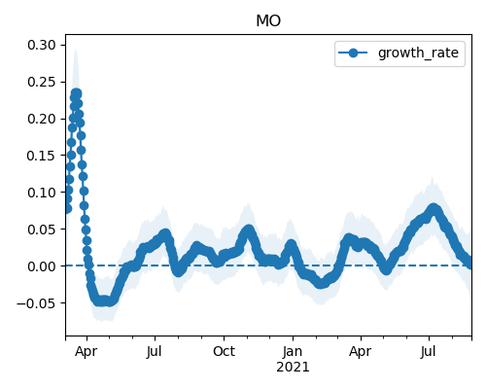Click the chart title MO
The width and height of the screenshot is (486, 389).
268,21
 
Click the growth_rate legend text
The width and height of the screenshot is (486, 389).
418,53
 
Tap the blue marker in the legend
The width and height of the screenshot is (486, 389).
353,53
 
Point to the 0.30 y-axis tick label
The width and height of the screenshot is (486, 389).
42,45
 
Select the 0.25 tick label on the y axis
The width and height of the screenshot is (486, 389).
42,82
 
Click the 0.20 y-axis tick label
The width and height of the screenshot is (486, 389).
42,119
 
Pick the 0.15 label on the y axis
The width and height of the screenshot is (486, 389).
42,156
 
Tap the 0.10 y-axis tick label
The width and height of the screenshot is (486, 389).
42,193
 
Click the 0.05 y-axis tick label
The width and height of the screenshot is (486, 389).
42,230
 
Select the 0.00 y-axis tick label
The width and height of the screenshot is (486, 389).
42,266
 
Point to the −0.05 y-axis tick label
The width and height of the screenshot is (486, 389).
36,303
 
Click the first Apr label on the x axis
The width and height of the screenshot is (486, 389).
87,352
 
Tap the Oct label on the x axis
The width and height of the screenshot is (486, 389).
224,351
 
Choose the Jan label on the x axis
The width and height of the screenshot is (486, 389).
293,351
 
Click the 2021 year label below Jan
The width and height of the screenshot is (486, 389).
293,368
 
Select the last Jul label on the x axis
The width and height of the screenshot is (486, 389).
429,351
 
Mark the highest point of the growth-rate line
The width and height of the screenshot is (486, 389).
77,93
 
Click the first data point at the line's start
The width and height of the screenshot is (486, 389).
67,209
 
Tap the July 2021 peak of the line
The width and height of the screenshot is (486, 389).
434,208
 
